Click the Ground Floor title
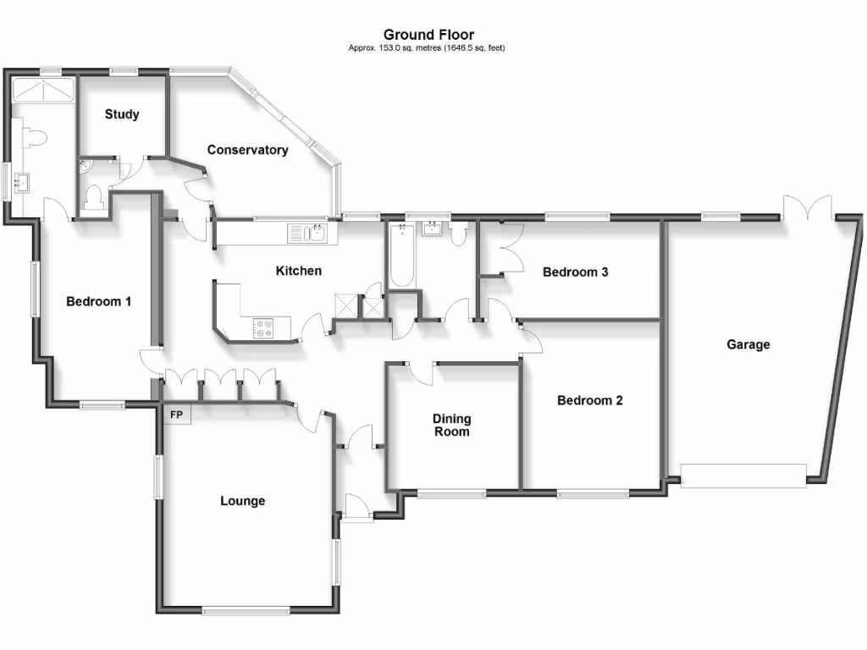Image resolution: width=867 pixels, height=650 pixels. coord(428,35)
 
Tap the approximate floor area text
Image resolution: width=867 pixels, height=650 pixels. coord(427,48)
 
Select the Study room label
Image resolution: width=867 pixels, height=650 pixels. coord(122,114)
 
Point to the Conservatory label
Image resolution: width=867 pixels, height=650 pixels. coord(248,150)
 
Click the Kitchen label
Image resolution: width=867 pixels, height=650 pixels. coord(299,271)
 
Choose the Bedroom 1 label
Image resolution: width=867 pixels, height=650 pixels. coord(99,301)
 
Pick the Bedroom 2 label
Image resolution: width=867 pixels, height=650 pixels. coord(590,400)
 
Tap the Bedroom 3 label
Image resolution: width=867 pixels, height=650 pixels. coord(576,273)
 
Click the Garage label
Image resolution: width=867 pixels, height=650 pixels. coord(748,344)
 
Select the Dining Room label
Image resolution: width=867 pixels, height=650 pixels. coord(452,425)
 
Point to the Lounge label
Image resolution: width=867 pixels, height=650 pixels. coord(243,501)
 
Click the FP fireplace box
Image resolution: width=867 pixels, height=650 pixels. coord(177,415)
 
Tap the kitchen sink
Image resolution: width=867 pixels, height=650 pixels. coord(305,233)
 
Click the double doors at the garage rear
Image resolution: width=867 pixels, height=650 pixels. coord(806,207)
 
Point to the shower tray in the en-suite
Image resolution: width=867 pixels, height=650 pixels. coord(42,91)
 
